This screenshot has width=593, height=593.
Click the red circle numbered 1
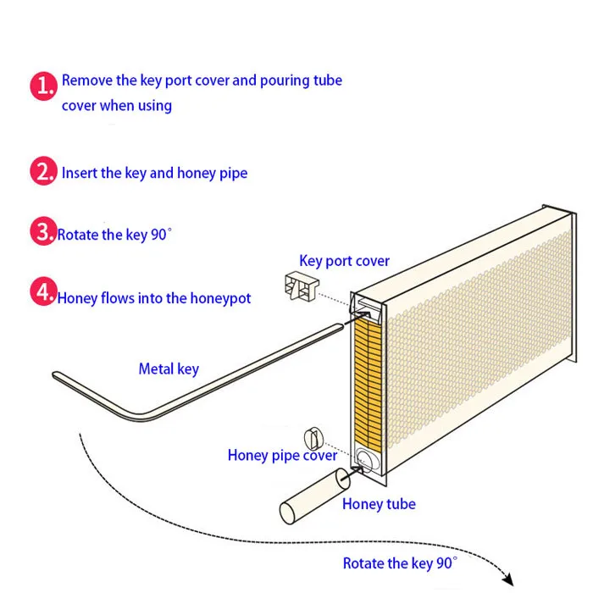(x=44, y=88)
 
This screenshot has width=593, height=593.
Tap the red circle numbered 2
(x=44, y=172)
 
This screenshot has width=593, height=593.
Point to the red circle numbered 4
(x=44, y=293)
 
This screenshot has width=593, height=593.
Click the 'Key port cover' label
(x=344, y=260)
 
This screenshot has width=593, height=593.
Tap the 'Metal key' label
(x=169, y=369)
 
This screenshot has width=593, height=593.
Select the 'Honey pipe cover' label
(x=282, y=455)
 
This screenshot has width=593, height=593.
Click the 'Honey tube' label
(x=379, y=504)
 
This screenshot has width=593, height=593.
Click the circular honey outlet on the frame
(x=365, y=458)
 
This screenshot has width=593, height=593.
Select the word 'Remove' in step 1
(x=87, y=81)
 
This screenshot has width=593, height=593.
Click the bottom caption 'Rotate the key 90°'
(x=400, y=563)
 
